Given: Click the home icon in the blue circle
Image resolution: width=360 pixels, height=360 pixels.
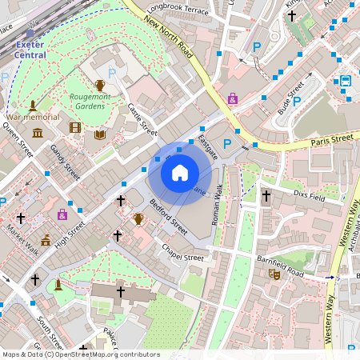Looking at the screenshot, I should point(180,172).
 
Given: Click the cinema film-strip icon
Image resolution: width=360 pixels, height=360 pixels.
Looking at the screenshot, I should point(75,127).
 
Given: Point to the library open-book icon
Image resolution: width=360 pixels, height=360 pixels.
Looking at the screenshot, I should point(100,135).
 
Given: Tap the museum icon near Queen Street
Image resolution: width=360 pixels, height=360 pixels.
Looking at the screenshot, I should point(38,132).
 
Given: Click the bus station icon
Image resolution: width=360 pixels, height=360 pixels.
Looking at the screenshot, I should point(346,81).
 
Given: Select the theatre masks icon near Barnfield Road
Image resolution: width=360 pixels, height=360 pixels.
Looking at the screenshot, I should point(274,274).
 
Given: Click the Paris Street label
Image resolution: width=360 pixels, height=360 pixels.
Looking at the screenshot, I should point(330,140).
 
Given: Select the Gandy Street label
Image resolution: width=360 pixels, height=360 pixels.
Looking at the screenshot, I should point(65,162).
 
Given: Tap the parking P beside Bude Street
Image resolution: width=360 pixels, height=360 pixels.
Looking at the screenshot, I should point(297,101).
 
